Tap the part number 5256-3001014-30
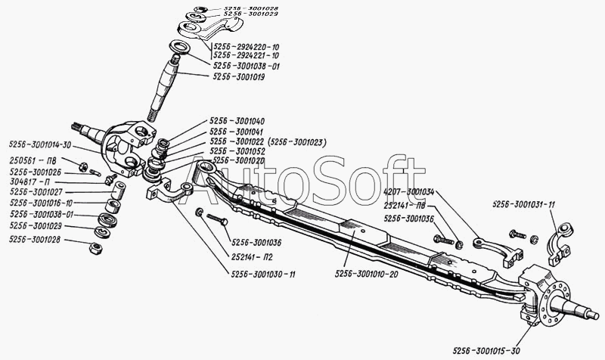(41, 144)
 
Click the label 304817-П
(29, 182)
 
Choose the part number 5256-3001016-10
(41, 203)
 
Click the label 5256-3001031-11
(524, 204)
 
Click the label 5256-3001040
(237, 121)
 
